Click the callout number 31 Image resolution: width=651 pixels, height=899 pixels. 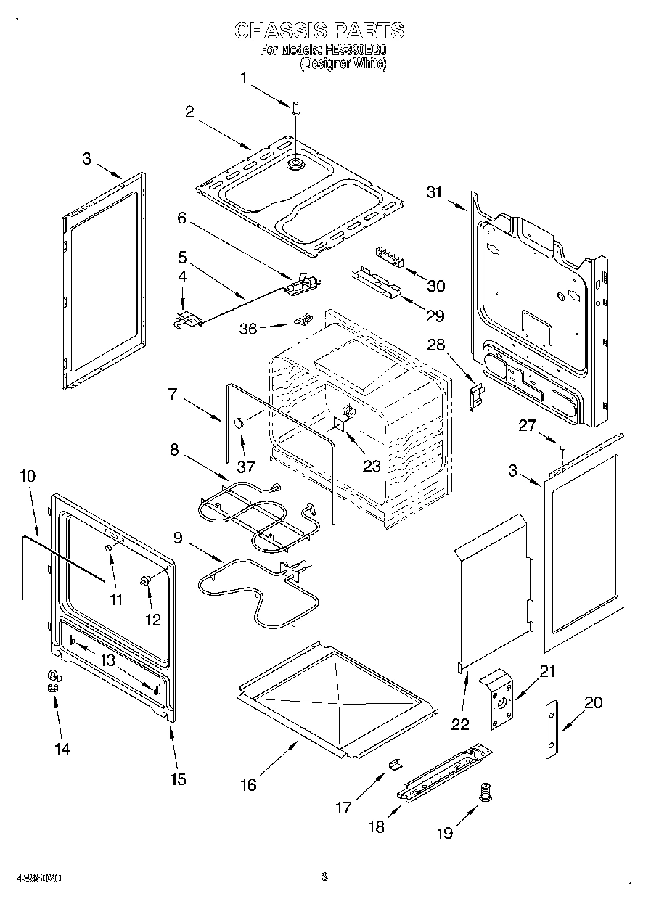(x=434, y=192)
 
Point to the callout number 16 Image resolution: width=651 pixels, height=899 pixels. (x=248, y=784)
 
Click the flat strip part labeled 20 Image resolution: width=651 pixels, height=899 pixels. (x=553, y=729)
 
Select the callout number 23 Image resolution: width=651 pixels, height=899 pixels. (x=372, y=467)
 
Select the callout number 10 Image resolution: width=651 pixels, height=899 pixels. (x=28, y=476)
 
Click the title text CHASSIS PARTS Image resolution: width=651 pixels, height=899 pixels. (x=319, y=30)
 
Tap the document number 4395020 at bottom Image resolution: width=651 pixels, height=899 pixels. (x=36, y=877)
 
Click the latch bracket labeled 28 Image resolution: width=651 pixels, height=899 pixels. (x=475, y=397)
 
